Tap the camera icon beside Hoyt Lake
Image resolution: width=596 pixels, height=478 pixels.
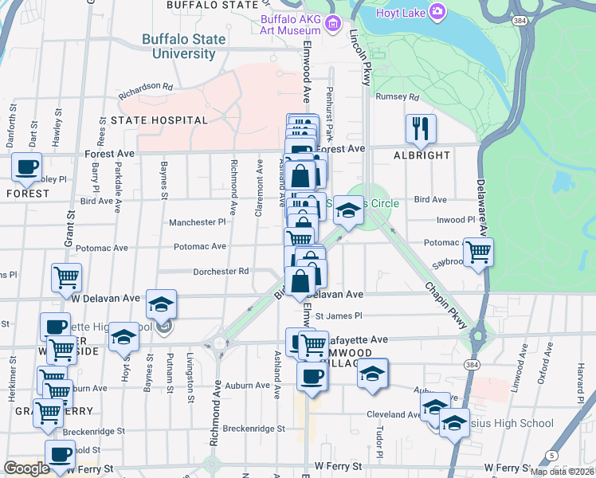[437, 11]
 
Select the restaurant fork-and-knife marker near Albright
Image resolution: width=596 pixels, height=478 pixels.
[420, 128]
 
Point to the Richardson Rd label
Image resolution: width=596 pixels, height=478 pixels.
[146, 90]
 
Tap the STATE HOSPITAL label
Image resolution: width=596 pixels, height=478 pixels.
[159, 120]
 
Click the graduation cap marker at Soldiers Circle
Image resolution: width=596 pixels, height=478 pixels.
[348, 211]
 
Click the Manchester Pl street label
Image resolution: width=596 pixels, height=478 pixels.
[198, 222]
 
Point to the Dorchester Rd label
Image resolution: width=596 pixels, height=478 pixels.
[221, 272]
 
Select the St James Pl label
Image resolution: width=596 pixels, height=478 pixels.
[339, 315]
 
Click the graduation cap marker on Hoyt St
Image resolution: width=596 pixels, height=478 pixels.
[124, 338]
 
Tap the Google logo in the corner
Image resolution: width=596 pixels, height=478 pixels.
[26, 468]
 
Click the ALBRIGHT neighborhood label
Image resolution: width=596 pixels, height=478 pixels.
[422, 155]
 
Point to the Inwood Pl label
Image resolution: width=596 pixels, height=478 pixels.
[456, 219]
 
